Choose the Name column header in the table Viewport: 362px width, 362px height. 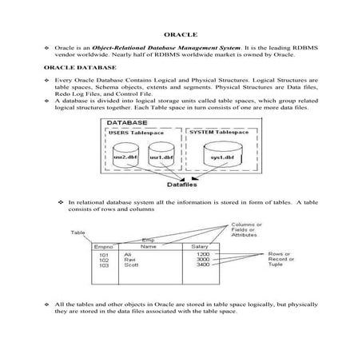148,247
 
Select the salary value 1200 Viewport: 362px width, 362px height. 202,254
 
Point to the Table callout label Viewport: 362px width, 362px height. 78,233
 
